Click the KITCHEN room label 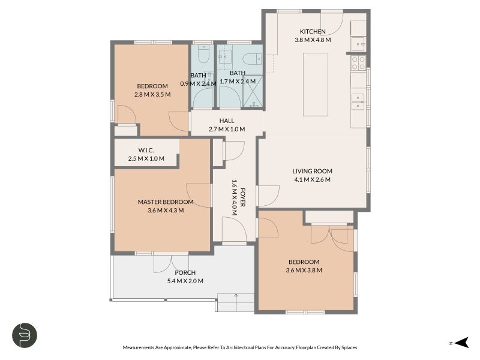(313, 32)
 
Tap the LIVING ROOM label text (312, 171)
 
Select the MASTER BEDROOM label (166, 202)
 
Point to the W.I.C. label (146, 151)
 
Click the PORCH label (185, 273)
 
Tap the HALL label (227, 121)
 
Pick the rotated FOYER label (243, 197)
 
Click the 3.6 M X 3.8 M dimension (304, 271)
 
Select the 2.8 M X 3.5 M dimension (152, 95)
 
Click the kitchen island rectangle (316, 85)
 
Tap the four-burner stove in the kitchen (358, 63)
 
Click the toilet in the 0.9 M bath (203, 54)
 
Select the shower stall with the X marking (253, 92)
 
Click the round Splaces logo (25, 335)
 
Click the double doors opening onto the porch (171, 263)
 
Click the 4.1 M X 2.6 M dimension (312, 179)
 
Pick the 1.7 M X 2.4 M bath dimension (238, 82)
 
